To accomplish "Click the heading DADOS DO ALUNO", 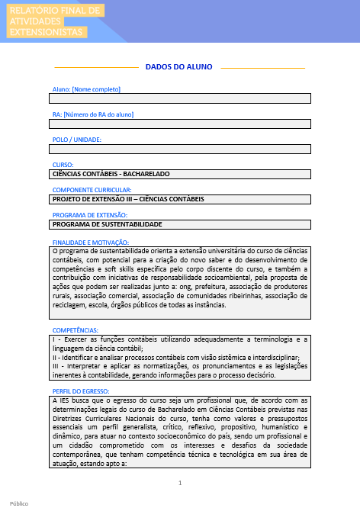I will [178, 67].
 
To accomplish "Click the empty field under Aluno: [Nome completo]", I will [181, 98].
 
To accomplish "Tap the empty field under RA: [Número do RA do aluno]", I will [181, 124].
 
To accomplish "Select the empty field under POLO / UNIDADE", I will [181, 149].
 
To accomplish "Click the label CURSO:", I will [63, 164].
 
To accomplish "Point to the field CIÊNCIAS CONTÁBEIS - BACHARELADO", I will [181, 174].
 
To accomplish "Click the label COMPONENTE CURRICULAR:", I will [92, 189].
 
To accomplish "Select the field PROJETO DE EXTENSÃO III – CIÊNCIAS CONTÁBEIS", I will [181, 199].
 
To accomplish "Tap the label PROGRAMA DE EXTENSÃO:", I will [88, 215].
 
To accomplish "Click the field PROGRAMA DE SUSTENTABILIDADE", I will [181, 225].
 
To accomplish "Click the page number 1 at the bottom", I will [180, 483].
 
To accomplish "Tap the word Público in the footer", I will [19, 504].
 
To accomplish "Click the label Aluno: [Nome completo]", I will [85, 89].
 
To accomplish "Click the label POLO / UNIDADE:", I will [76, 139].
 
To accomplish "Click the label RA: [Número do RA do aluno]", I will [92, 114].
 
